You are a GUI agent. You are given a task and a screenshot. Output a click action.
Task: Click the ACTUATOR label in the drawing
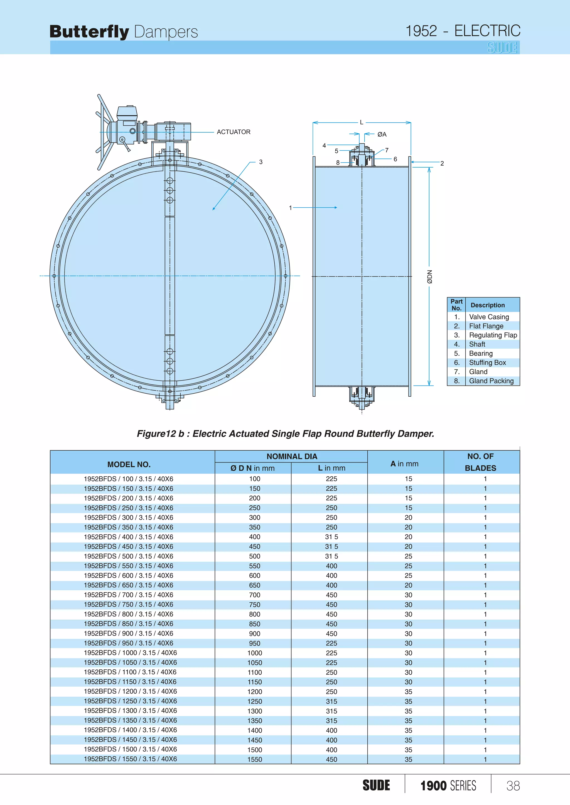click(x=234, y=132)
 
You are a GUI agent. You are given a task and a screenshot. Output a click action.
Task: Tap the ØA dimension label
click(x=382, y=134)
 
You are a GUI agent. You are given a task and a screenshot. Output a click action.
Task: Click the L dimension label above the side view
click(x=362, y=122)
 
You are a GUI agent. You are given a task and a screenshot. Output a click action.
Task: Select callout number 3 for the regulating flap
click(x=261, y=162)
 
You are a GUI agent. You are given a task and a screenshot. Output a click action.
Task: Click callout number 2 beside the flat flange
click(x=442, y=163)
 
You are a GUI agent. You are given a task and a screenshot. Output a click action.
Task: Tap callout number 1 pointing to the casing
click(x=290, y=208)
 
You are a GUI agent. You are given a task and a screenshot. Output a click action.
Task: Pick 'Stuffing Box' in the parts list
click(x=488, y=362)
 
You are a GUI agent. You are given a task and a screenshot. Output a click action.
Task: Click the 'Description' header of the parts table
click(x=488, y=305)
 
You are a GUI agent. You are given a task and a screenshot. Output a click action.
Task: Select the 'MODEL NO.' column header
click(x=129, y=464)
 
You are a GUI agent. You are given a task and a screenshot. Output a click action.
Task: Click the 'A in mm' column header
click(x=404, y=463)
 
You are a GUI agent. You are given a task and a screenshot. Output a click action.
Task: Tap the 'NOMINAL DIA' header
click(x=292, y=456)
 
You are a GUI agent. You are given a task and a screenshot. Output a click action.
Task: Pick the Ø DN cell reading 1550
click(x=255, y=759)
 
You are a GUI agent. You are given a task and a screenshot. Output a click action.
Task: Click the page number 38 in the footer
click(x=513, y=786)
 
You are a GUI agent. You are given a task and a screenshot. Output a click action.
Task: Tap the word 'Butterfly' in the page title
click(x=90, y=32)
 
